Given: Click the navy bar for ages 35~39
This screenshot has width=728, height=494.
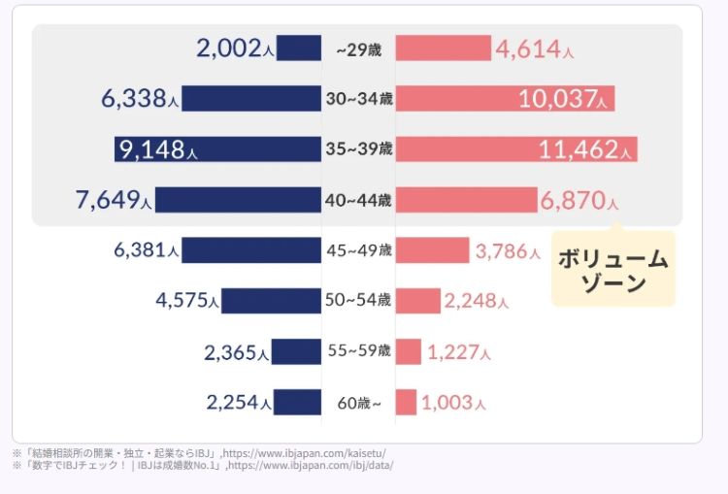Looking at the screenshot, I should coord(217,148).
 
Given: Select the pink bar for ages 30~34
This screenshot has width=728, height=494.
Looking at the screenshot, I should coord(505,98).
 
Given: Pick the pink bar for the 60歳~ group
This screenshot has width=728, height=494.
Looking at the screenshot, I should coord(406,402).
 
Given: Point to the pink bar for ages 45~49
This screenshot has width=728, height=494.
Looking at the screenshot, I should coord(432,250).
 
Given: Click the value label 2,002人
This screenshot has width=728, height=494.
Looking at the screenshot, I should coord(233,48).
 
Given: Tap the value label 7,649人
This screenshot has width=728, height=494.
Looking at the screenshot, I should coord(113,200).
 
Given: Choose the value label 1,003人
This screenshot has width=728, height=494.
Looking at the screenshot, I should coord(453,402).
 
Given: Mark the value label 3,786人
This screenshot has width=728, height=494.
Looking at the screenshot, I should coord(508,251).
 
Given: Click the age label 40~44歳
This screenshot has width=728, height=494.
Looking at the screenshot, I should coord(358,200).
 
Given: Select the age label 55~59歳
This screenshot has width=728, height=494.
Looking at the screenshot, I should coord(358,350).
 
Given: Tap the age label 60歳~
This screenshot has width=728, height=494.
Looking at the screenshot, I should coord(358,402).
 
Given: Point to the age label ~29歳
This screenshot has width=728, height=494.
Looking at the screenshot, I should coord(358,49).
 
